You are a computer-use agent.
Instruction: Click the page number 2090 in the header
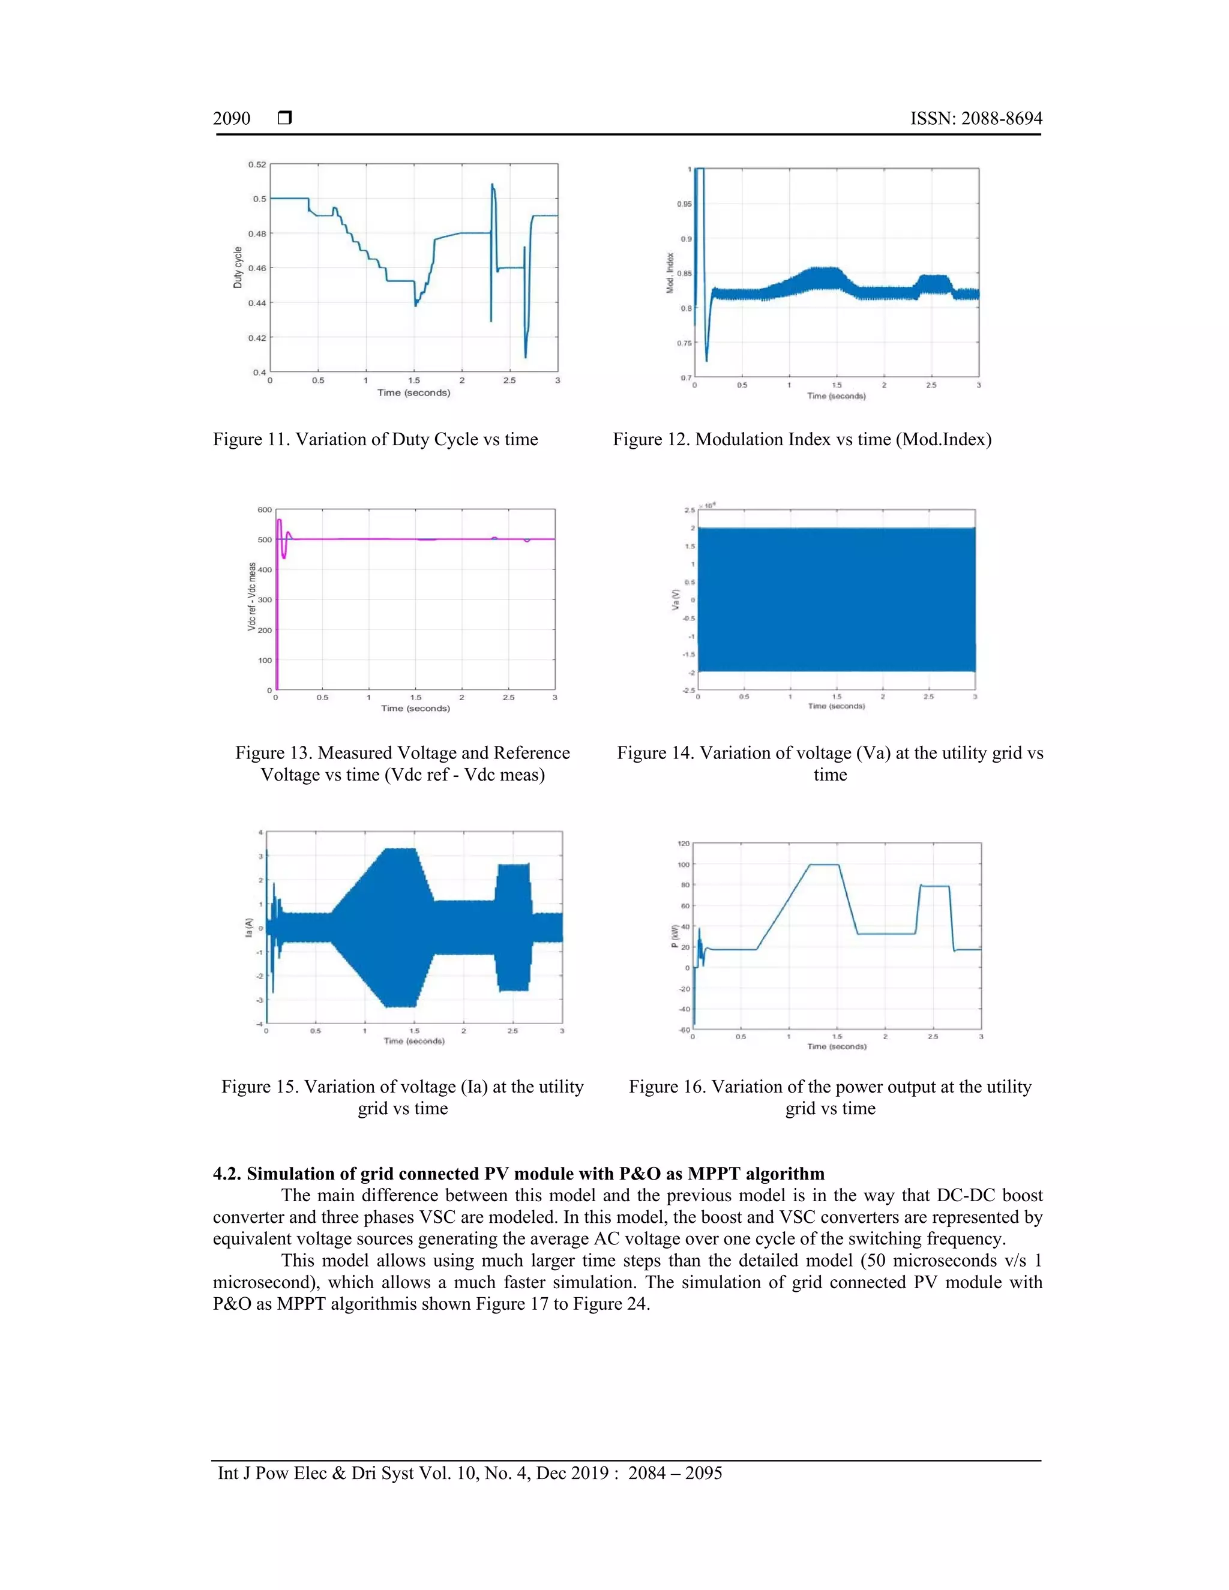(x=232, y=119)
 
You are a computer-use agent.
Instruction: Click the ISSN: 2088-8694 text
(x=976, y=119)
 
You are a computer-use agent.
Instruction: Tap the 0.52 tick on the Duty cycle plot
(x=257, y=164)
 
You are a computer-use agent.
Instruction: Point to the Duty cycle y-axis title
(x=238, y=268)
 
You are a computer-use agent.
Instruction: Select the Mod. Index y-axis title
(x=670, y=273)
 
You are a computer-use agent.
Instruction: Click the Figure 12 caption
(x=802, y=439)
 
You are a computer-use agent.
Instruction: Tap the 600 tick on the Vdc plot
(x=264, y=509)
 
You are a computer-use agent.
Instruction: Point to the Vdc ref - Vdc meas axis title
(x=252, y=596)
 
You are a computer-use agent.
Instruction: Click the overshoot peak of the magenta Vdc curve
(x=279, y=520)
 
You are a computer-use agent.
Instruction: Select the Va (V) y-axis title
(x=675, y=599)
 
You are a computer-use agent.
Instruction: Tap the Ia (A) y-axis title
(x=249, y=928)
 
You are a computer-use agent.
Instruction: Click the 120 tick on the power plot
(x=683, y=844)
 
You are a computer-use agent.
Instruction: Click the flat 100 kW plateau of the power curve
(x=824, y=865)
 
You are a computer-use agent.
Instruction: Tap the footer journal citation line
(x=470, y=1473)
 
